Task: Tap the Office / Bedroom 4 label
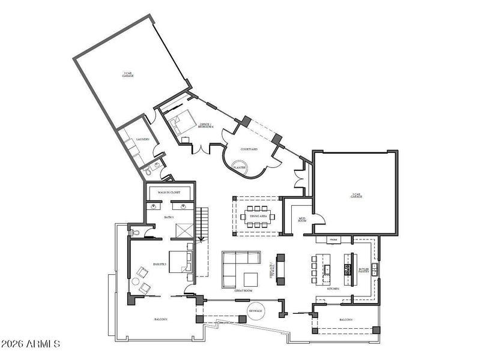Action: (x=206, y=126)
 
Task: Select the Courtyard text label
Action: (x=249, y=149)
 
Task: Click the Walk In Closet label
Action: (x=169, y=192)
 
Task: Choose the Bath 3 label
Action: (x=169, y=217)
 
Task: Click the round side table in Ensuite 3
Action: (x=136, y=281)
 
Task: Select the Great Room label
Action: (x=244, y=290)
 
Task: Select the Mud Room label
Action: (x=302, y=220)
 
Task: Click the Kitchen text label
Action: (x=333, y=289)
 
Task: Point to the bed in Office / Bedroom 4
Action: (x=180, y=123)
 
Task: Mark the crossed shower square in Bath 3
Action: (x=183, y=230)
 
